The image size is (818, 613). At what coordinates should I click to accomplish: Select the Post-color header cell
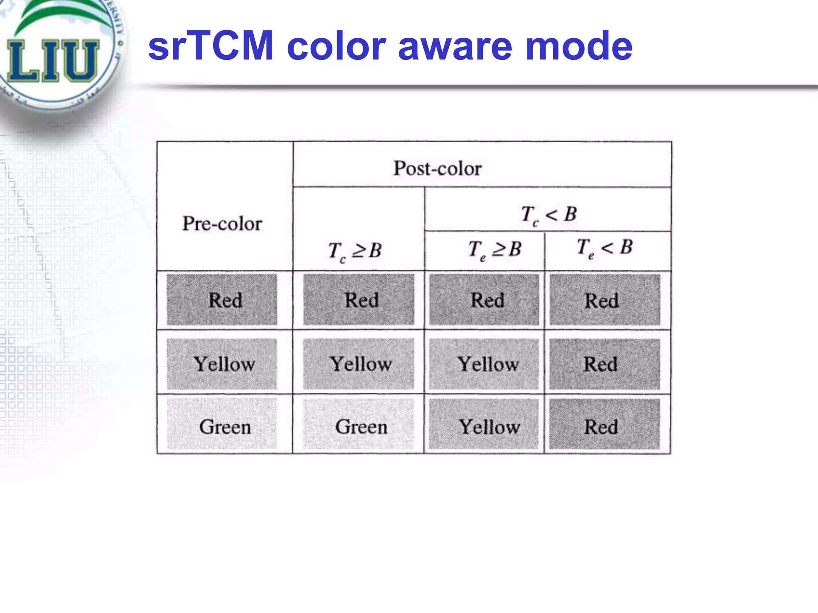438,168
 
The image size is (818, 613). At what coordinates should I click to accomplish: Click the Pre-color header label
222,223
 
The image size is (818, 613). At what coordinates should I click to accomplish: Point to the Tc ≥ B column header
355,251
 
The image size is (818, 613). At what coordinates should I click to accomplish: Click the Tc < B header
549,215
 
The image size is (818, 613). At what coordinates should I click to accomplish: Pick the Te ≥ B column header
494,249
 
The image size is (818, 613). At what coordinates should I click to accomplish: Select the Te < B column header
605,248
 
